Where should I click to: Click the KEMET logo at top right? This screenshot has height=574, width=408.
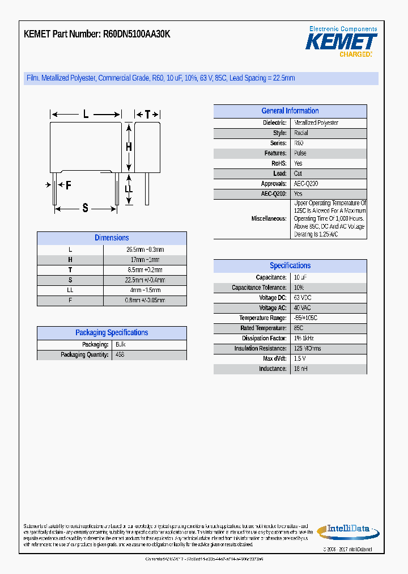(341, 42)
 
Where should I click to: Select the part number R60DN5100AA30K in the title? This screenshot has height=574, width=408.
(137, 35)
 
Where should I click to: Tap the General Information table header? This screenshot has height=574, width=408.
(290, 111)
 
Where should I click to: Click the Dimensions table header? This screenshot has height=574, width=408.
(112, 238)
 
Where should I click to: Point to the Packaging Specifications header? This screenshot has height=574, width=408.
(112, 333)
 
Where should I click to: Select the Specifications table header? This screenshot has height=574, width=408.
(290, 265)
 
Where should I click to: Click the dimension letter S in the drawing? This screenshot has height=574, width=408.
(86, 208)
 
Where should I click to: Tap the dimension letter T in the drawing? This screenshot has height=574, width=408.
(147, 115)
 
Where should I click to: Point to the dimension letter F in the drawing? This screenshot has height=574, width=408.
(68, 185)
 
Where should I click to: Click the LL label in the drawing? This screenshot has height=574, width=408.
(129, 189)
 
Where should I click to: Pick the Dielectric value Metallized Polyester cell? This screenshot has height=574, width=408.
(316, 123)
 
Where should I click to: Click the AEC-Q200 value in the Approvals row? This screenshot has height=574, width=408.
(306, 184)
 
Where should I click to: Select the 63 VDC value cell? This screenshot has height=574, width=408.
(303, 298)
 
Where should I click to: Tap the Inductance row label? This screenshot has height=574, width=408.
(273, 369)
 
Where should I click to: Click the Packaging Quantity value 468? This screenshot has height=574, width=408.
(120, 354)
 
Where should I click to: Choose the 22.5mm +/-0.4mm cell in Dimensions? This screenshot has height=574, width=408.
(144, 280)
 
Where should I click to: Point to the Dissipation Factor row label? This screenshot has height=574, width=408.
(264, 338)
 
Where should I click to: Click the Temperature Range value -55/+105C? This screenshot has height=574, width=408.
(305, 318)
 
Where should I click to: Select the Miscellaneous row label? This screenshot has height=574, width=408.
(269, 218)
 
